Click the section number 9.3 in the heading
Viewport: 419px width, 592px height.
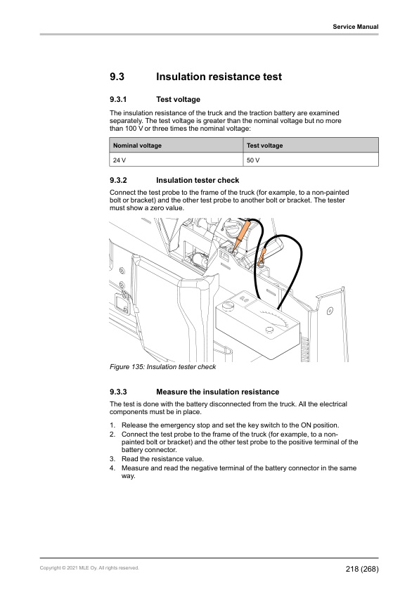coord(117,76)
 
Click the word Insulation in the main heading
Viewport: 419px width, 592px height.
coord(184,76)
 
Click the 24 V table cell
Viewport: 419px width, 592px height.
coord(119,160)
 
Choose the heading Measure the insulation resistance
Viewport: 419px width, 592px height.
coord(217,392)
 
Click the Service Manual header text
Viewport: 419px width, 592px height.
coord(356,27)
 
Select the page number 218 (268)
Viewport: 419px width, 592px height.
coord(361,567)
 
